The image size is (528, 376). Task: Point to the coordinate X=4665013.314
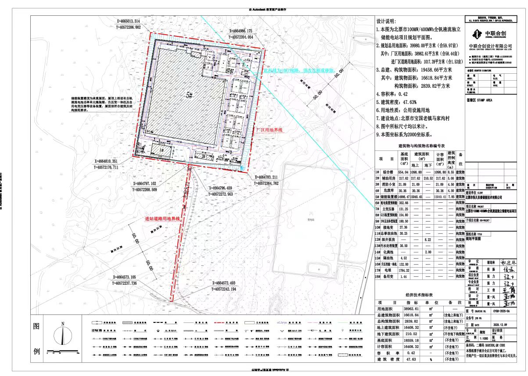(129, 21)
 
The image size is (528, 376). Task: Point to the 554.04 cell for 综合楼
(404, 173)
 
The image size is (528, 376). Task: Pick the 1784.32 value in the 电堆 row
(404, 271)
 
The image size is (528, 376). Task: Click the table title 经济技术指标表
(421, 295)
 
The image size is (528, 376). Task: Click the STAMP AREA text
(483, 100)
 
